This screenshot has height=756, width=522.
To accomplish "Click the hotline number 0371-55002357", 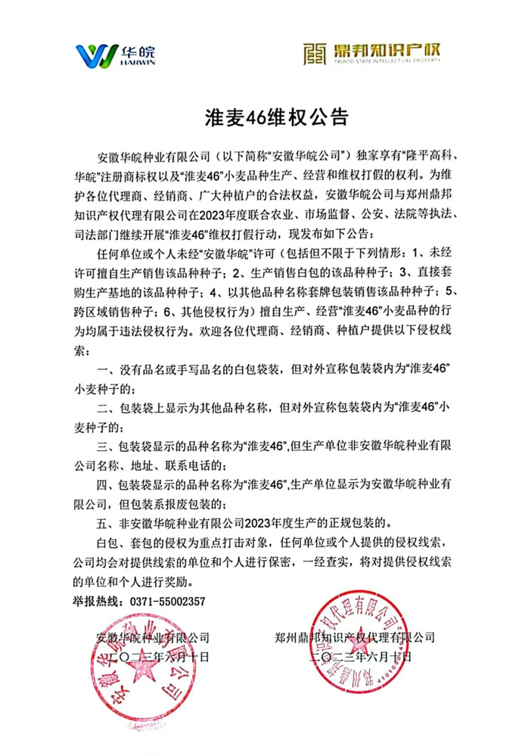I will click(168, 601).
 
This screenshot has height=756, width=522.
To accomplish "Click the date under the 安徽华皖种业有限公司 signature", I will click(153, 655).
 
